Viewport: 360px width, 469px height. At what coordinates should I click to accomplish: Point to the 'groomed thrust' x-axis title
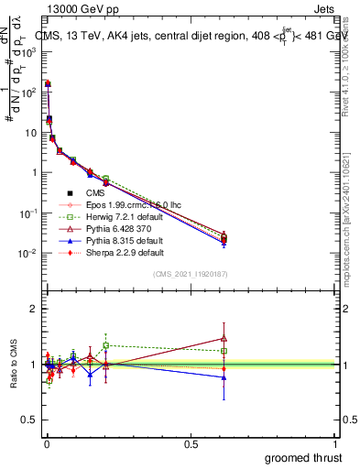(x=303, y=457)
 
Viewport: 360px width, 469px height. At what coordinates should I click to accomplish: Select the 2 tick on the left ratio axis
(x=34, y=309)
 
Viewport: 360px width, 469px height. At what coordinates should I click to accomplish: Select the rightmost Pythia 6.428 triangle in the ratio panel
(x=224, y=338)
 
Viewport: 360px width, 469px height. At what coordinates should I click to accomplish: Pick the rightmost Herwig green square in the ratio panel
(x=224, y=351)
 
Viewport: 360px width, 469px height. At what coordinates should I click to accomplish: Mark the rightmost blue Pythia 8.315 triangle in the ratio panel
(x=224, y=377)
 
